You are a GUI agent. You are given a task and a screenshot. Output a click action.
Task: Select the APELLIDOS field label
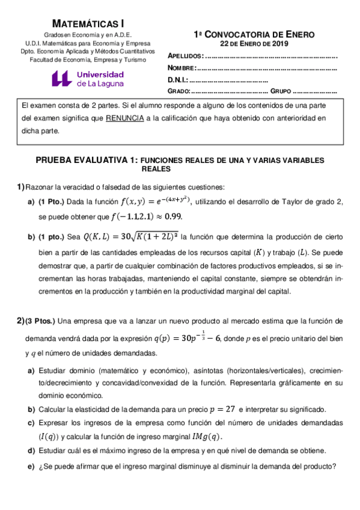(186, 55)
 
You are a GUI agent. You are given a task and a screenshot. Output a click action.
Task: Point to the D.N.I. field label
(178, 79)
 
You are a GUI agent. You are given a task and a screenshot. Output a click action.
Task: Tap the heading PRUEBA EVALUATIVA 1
(87, 161)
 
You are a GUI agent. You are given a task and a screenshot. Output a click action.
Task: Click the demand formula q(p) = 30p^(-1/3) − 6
(188, 337)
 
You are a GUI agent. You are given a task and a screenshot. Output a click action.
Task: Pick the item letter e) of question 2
(31, 465)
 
